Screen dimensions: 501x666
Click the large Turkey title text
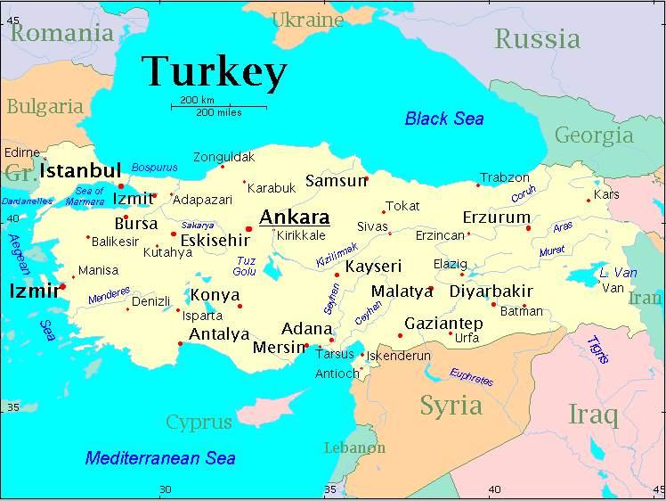[x=215, y=71]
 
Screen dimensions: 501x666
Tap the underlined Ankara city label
[x=294, y=218]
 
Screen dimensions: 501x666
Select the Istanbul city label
[x=81, y=170]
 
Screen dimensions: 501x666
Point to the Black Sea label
[x=444, y=119]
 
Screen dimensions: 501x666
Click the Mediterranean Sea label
[x=160, y=458]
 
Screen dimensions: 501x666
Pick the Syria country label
[x=451, y=406]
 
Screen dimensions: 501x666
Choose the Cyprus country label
[x=199, y=422]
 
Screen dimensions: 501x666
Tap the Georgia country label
[x=594, y=136]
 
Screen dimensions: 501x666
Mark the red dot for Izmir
[x=62, y=287]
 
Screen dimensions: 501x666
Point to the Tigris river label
[x=597, y=349]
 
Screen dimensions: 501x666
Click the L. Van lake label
[x=618, y=273]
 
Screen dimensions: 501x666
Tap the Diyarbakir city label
[x=491, y=292]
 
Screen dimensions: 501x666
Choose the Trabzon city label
[x=505, y=178]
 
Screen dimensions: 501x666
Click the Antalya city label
[x=219, y=335]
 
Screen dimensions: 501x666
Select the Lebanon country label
[x=354, y=448]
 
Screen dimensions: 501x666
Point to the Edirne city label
[x=22, y=152]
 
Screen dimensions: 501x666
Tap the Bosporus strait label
[x=154, y=167]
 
